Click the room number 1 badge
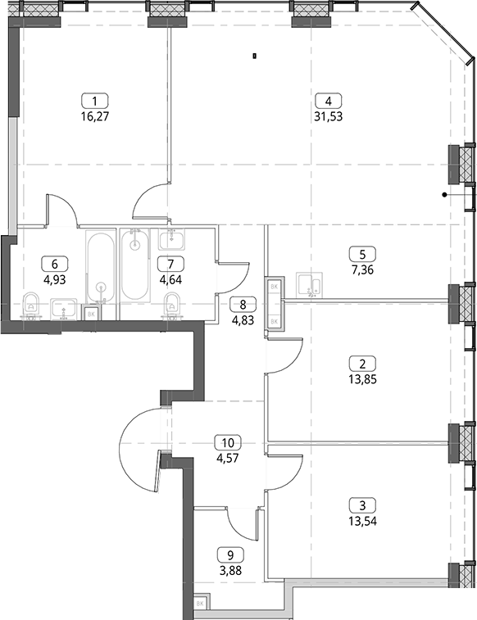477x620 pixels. pos(94,102)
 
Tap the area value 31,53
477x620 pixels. pos(329,117)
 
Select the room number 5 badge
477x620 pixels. pos(363,254)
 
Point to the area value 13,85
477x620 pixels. pos(363,379)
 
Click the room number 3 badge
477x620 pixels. pos(363,505)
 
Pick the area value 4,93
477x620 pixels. pos(55,280)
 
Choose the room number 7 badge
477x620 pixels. pos(170,264)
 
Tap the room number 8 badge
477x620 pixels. pos(243,305)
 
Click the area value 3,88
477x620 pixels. pos(230,571)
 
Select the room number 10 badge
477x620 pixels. pos(228,442)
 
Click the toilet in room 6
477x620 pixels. pos(31,305)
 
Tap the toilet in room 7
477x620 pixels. pos(171,305)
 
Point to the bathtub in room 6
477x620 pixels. pos(101,269)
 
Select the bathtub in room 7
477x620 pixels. pos(135,265)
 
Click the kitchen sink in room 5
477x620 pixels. pos(309,284)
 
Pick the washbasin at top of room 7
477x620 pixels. pos(172,239)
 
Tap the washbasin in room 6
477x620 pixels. pos(64,309)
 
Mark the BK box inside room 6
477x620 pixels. pos(91,314)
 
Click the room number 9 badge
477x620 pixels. pos(230,555)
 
